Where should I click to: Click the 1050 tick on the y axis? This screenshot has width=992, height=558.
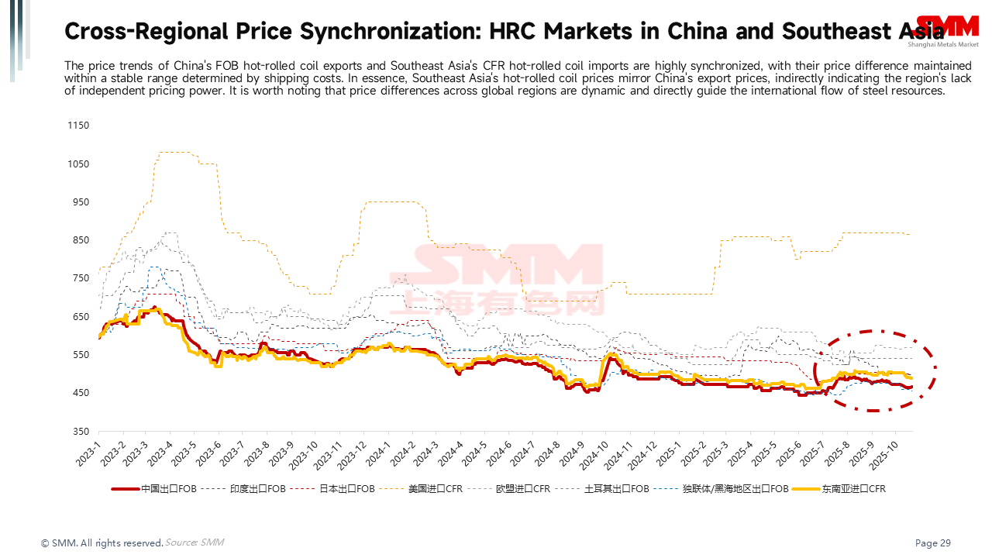tap(79, 164)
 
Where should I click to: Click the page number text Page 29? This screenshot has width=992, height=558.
tap(933, 543)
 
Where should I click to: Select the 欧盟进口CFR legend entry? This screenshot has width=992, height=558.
tap(523, 489)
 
